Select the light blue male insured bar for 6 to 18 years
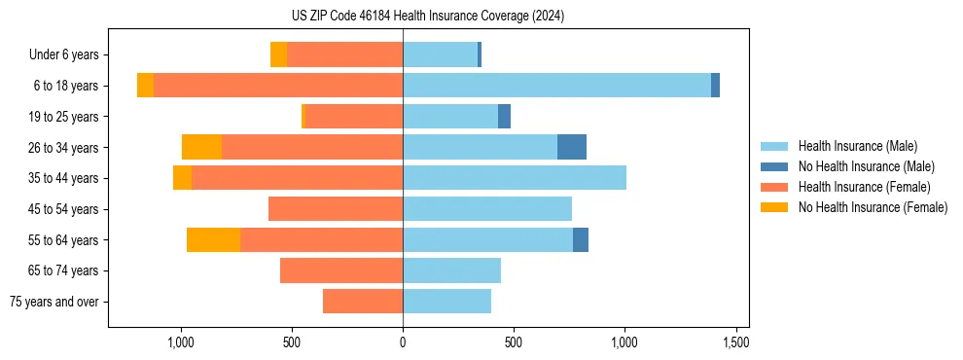[556, 86]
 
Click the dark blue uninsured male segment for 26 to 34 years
[571, 147]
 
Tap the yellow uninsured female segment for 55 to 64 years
[213, 239]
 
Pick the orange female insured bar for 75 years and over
[363, 302]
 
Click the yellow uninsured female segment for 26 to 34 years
[201, 147]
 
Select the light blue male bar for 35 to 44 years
[515, 178]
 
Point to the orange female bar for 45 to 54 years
[336, 209]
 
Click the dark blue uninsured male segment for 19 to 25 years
[504, 117]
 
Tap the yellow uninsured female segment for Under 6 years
[278, 54]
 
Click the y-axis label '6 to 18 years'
[65, 86]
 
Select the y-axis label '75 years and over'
[54, 302]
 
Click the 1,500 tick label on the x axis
[735, 342]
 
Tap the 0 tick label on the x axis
[403, 342]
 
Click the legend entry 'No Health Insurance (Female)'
[873, 207]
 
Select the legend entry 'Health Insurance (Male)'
[857, 146]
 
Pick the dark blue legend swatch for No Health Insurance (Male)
[775, 166]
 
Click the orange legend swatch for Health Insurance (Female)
[775, 187]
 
